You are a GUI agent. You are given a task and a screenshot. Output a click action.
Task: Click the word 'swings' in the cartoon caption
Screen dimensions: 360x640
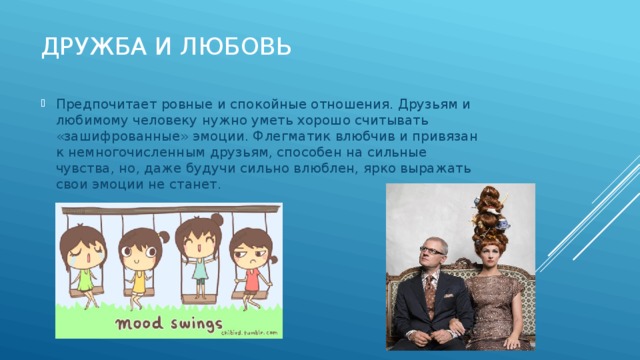pos(196,322)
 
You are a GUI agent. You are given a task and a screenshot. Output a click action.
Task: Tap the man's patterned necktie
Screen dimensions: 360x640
pos(429,294)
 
